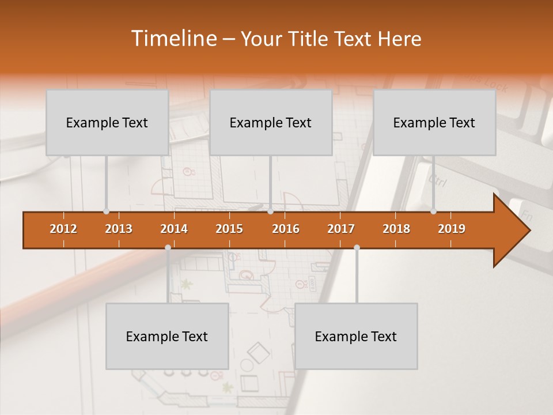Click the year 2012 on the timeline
click(63, 229)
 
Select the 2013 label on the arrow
click(119, 229)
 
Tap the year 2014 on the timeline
click(174, 229)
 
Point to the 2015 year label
click(229, 229)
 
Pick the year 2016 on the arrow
click(286, 229)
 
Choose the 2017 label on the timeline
click(341, 229)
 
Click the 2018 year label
click(396, 229)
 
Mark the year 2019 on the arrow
click(452, 229)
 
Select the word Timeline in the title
click(173, 39)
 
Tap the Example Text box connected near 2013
click(107, 123)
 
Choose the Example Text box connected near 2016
click(271, 123)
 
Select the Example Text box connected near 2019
click(434, 123)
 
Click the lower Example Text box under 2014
click(167, 337)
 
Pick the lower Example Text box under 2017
click(356, 337)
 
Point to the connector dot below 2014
click(168, 247)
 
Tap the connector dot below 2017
click(357, 247)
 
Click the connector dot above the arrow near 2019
click(434, 212)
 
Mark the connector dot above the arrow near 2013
click(107, 212)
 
